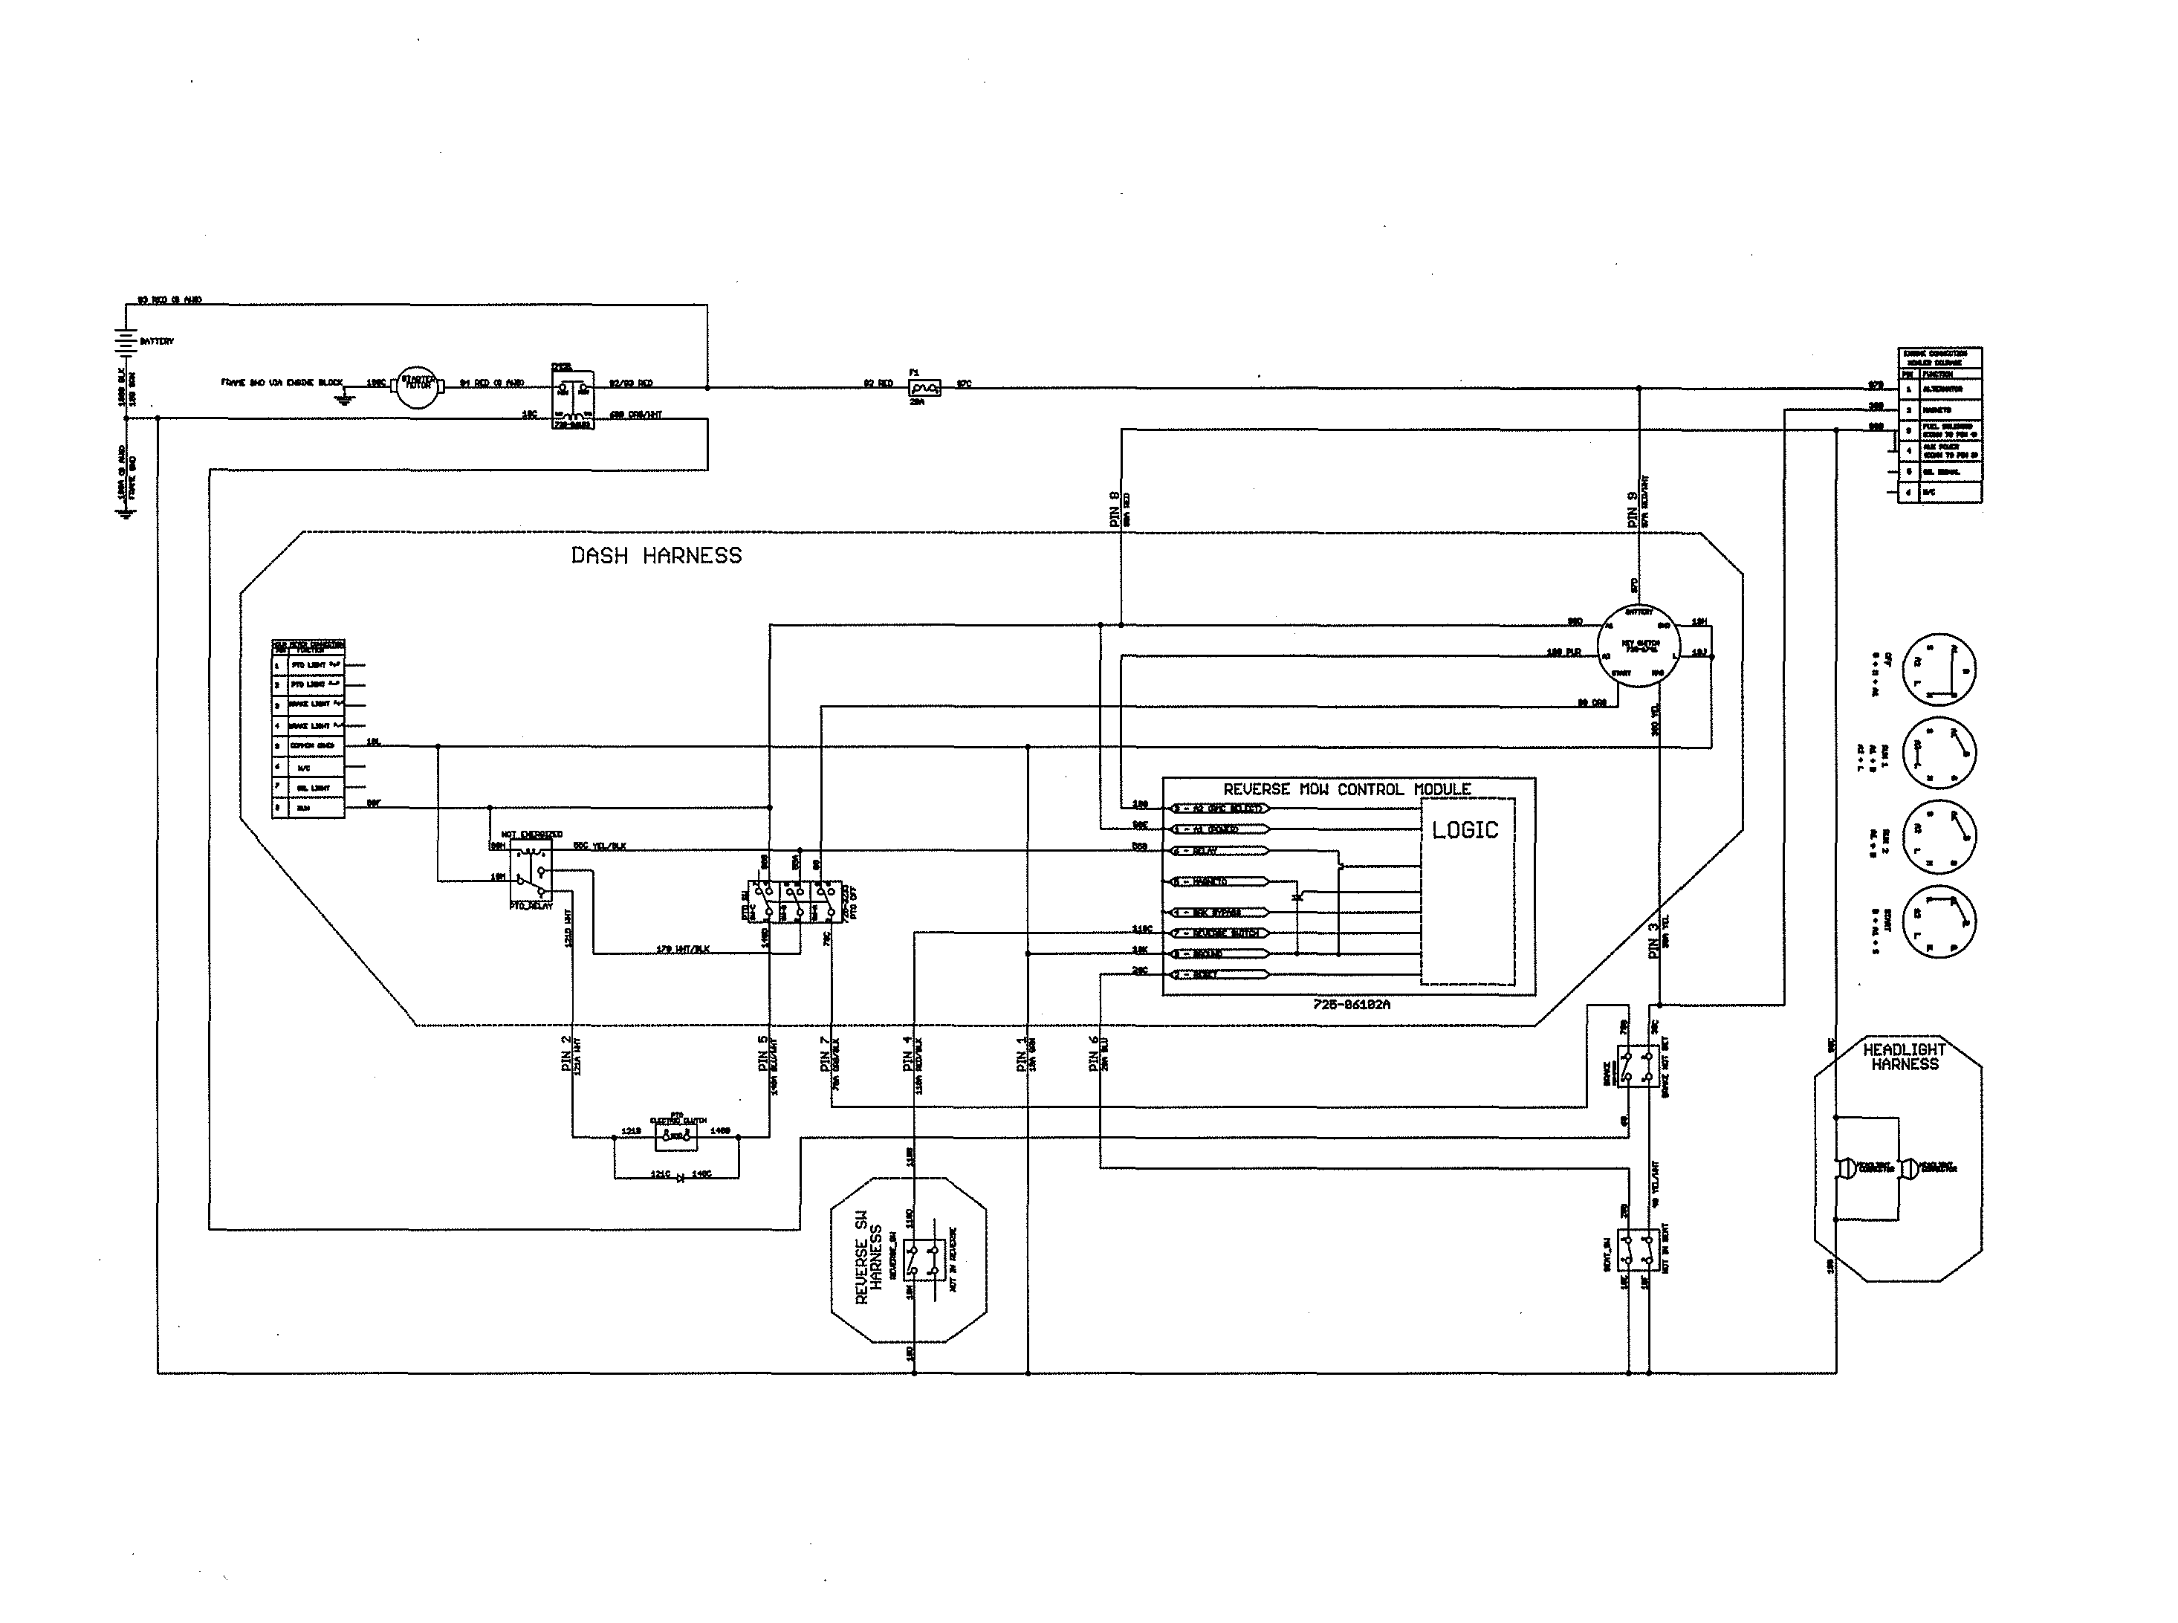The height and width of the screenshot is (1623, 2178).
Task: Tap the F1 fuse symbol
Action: [x=924, y=388]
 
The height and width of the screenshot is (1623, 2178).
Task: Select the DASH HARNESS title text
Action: [x=656, y=556]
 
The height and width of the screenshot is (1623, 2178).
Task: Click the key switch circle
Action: [x=1639, y=647]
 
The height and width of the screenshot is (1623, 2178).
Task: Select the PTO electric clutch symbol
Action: [x=676, y=1137]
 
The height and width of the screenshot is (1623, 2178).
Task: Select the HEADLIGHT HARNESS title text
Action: [x=1904, y=1057]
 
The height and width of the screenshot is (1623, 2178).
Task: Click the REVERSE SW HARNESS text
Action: [x=869, y=1257]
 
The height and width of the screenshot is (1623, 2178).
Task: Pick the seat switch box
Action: [x=1638, y=1250]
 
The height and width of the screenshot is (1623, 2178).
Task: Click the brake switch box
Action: [x=1638, y=1065]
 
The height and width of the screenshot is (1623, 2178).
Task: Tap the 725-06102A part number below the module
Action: [x=1351, y=1005]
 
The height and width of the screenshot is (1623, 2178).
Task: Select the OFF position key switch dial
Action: [x=1939, y=668]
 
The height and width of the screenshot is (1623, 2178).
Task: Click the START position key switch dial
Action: [x=1939, y=921]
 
